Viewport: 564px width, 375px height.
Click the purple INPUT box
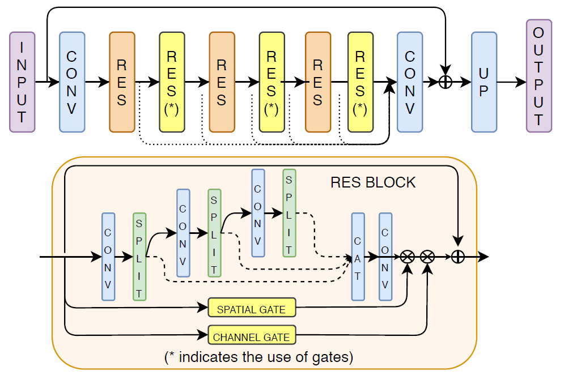tap(22, 82)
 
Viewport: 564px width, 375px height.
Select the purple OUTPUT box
tap(538, 76)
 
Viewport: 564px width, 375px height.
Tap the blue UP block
tap(484, 82)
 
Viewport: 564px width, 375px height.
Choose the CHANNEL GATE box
tap(252, 336)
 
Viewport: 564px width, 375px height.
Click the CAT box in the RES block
tap(358, 257)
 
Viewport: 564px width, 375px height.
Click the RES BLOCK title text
tap(373, 182)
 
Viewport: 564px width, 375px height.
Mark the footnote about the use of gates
tap(258, 357)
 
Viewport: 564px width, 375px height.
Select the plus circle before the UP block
tap(446, 82)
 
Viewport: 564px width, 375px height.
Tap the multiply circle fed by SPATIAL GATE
tap(407, 257)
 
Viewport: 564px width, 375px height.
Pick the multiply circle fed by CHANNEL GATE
tap(427, 257)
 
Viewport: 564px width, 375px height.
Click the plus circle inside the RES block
tap(458, 257)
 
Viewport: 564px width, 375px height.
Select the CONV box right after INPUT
tap(72, 82)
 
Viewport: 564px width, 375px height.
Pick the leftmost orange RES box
tap(122, 82)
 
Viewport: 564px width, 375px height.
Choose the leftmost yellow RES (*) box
tap(172, 82)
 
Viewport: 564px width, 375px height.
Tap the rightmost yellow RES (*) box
tap(360, 82)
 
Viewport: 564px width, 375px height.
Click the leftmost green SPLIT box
tap(139, 257)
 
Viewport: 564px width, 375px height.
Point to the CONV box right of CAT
tap(385, 257)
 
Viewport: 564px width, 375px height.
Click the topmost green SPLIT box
tap(289, 213)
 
